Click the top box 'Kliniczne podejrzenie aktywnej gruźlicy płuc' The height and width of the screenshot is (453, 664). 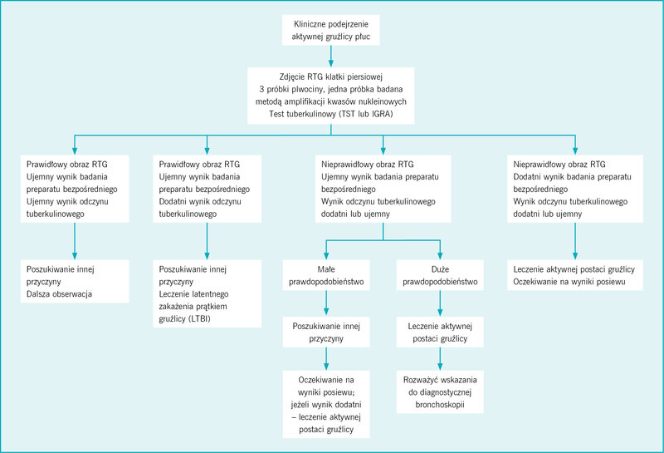click(330, 30)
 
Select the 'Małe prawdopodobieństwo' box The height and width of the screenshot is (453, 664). click(326, 275)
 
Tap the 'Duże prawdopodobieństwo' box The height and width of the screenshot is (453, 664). click(440, 275)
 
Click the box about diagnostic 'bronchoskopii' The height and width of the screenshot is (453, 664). click(440, 392)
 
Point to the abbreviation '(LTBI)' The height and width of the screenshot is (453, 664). click(198, 319)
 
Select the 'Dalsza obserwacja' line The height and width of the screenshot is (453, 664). click(59, 294)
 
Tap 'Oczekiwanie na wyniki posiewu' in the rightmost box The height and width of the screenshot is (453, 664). click(569, 282)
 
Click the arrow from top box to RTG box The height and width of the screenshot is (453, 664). click(330, 56)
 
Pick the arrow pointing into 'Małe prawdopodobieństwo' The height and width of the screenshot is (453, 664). click(326, 250)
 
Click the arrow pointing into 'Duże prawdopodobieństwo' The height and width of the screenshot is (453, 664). click(440, 250)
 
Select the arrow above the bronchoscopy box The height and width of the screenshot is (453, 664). click(440, 359)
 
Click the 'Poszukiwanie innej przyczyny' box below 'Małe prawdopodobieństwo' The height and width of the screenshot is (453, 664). click(326, 332)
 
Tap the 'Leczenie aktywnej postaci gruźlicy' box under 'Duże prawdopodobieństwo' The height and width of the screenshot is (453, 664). click(440, 332)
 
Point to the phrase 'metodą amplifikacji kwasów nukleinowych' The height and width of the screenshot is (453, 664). click(330, 101)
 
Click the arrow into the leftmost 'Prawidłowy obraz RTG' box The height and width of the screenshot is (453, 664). click(75, 145)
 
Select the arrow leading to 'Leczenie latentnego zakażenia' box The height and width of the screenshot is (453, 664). click(207, 241)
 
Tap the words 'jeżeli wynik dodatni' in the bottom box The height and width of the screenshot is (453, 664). click(326, 405)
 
